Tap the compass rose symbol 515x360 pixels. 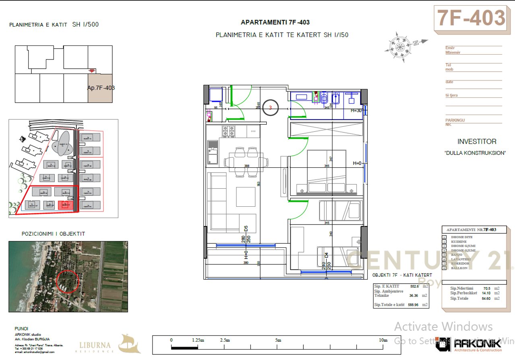400,45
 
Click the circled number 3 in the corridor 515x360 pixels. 270,107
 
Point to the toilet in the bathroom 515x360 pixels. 325,98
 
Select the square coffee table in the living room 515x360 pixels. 245,197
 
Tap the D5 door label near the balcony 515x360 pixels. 246,228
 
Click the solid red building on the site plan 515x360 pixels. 66,205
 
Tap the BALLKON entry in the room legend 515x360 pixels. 459,268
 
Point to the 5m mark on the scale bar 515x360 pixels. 278,340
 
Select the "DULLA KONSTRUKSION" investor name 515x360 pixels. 474,153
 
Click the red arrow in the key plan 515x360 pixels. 92,71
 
